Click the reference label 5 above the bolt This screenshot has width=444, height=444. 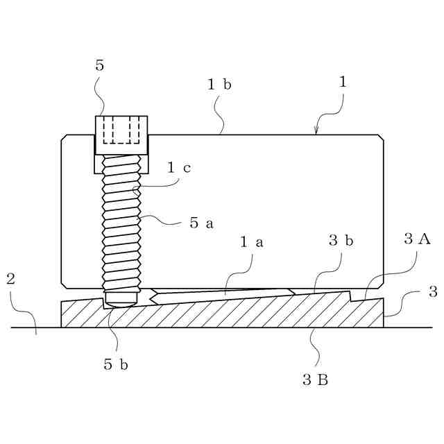[99, 66]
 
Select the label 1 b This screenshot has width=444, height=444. [219, 85]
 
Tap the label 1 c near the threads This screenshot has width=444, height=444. [178, 167]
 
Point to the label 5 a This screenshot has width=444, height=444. [201, 223]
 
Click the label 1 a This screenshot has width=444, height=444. [251, 242]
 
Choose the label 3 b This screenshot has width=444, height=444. [341, 241]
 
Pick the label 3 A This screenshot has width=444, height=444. [417, 239]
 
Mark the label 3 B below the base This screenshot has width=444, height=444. [315, 379]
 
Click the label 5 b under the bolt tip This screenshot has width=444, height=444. [116, 364]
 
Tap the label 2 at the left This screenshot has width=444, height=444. [10, 279]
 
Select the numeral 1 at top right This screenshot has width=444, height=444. [342, 81]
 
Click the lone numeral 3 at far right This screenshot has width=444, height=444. [433, 291]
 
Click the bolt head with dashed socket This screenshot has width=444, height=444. [121, 135]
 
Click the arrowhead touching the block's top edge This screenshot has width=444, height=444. [316, 131]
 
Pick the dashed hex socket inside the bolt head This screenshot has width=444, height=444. [121, 130]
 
